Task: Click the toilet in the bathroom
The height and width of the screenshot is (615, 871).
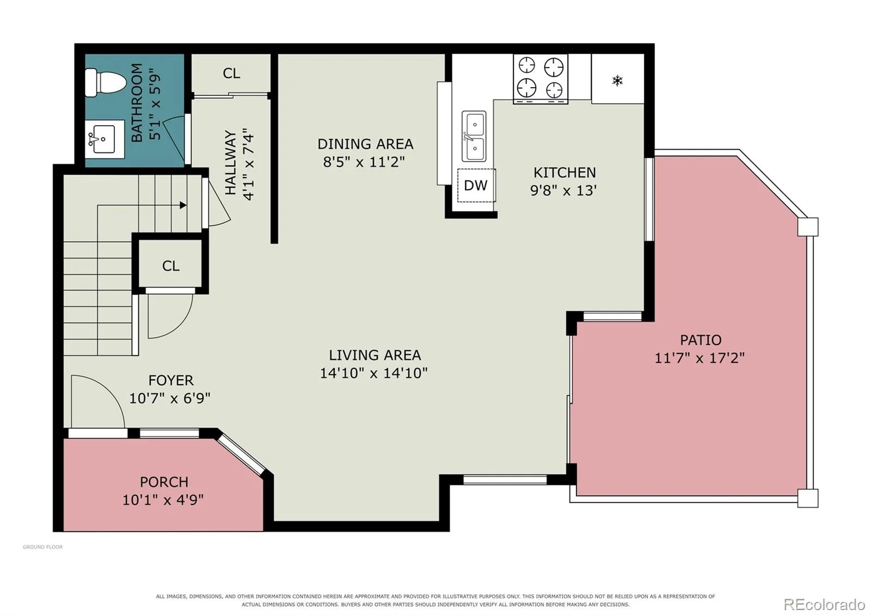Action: [x=106, y=83]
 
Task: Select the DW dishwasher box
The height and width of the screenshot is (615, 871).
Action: [x=476, y=186]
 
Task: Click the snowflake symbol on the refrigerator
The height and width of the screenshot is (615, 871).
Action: [x=617, y=81]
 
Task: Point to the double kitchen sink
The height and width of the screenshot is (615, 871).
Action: [x=474, y=136]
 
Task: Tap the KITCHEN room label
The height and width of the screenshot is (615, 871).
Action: [x=564, y=173]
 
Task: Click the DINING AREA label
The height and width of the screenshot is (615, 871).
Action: [x=365, y=144]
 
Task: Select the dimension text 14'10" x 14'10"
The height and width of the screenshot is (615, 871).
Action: [x=373, y=373]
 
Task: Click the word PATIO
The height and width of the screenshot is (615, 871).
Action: [x=701, y=340]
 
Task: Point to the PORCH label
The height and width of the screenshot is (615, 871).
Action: [x=164, y=482]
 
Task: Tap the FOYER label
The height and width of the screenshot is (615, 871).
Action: [x=171, y=380]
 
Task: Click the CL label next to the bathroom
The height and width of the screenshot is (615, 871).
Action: [x=231, y=73]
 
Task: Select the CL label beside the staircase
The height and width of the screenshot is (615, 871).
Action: [x=171, y=266]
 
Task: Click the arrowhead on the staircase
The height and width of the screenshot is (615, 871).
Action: [x=183, y=205]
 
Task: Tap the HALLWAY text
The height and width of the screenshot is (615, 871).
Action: [x=231, y=163]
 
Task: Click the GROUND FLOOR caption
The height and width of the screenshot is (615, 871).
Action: [x=43, y=547]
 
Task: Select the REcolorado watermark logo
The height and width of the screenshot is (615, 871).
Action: [x=824, y=605]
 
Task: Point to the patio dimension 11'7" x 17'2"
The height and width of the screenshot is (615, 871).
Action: [x=700, y=358]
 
